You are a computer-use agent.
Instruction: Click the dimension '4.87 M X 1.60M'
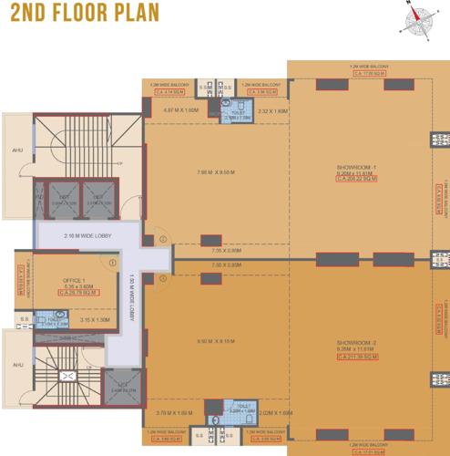pos(179,110)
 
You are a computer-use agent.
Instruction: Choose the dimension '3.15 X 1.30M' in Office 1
pos(95,320)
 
